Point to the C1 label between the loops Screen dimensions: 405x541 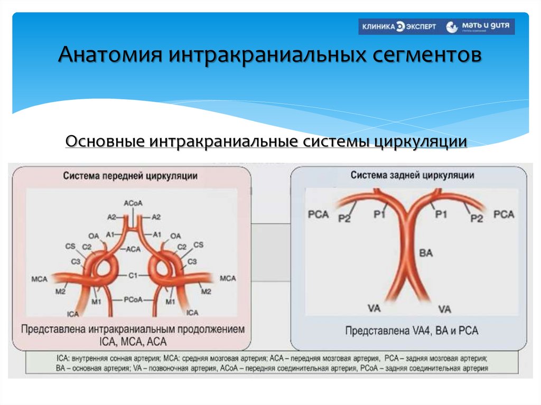tap(133, 276)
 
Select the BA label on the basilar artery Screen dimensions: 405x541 tap(425, 253)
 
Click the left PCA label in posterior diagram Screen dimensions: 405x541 tap(318, 215)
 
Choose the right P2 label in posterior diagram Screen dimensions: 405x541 tap(477, 218)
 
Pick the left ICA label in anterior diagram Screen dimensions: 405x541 tap(73, 314)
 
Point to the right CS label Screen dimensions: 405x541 tap(198, 245)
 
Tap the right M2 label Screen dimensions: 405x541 tap(206, 291)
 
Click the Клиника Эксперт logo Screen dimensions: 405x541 tap(398, 27)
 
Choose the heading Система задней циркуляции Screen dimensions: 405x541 tap(412, 175)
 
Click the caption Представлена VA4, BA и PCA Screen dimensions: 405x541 tap(412, 331)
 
